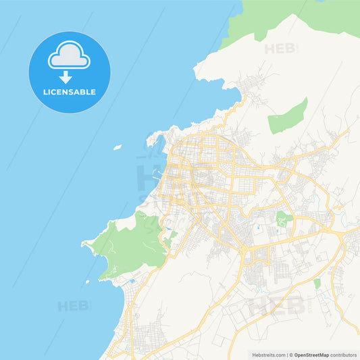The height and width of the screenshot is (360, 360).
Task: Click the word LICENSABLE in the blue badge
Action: [70, 92]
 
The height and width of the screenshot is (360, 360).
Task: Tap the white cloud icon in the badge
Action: [69, 57]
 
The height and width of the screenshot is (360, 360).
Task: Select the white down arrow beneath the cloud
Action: [66, 77]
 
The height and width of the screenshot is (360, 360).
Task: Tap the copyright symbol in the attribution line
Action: [291, 355]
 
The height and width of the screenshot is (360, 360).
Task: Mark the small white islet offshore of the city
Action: [118, 147]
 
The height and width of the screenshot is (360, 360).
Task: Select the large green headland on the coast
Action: [132, 243]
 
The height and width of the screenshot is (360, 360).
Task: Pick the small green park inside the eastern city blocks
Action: [280, 217]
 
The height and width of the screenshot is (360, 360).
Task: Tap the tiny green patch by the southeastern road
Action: [317, 284]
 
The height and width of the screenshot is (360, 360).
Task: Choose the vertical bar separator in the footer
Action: [287, 355]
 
